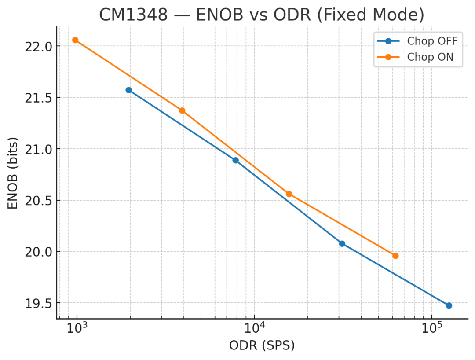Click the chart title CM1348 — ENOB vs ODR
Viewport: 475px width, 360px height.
point(262,15)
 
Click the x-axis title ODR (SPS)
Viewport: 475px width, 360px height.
point(262,345)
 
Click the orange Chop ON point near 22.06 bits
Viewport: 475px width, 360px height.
point(75,40)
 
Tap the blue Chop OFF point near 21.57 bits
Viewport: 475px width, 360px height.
point(128,90)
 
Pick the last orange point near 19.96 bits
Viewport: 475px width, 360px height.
point(395,256)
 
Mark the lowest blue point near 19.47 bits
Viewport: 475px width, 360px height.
point(449,305)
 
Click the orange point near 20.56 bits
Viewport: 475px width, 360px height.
point(289,194)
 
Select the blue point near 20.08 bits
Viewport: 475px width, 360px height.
point(342,243)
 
